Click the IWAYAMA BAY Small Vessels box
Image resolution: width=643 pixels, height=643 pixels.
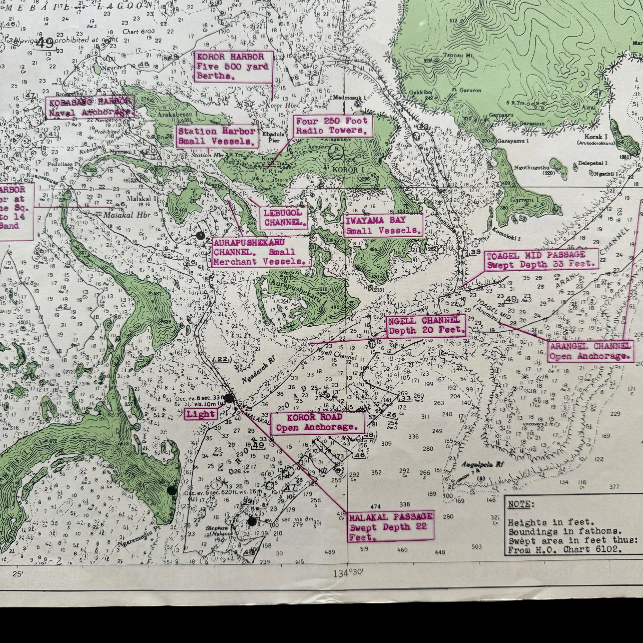tap(383, 225)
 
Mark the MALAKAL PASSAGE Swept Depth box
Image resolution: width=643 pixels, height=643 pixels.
tap(391, 527)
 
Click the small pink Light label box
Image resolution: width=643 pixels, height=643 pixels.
tap(201, 414)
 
